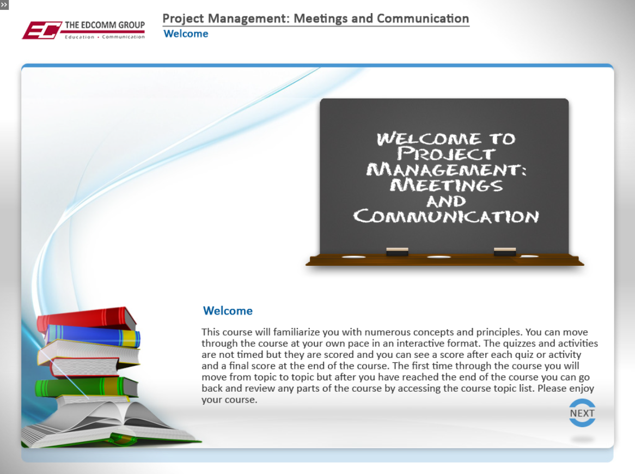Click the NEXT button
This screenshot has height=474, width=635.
(582, 413)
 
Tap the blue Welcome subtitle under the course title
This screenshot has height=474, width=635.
(186, 34)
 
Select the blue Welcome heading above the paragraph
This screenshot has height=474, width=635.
(228, 311)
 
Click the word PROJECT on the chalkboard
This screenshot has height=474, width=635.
(445, 154)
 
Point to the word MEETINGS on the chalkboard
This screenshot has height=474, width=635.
(446, 185)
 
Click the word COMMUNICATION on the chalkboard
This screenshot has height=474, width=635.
(446, 216)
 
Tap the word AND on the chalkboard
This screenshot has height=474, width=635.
(446, 202)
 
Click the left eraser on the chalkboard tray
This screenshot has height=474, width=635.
(397, 252)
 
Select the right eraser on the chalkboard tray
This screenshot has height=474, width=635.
(505, 252)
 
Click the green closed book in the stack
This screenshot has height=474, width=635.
(86, 387)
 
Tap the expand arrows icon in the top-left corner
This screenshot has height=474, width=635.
(4, 5)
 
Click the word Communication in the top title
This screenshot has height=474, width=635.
(423, 19)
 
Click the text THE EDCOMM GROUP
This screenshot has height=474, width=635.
(105, 25)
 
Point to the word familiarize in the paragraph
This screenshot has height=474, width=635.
(296, 332)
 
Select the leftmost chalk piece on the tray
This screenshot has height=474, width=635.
(353, 257)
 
